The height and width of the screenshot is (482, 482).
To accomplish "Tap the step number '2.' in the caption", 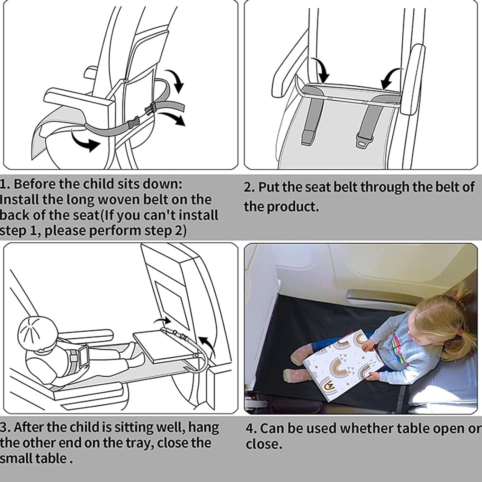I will tap(249, 187).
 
